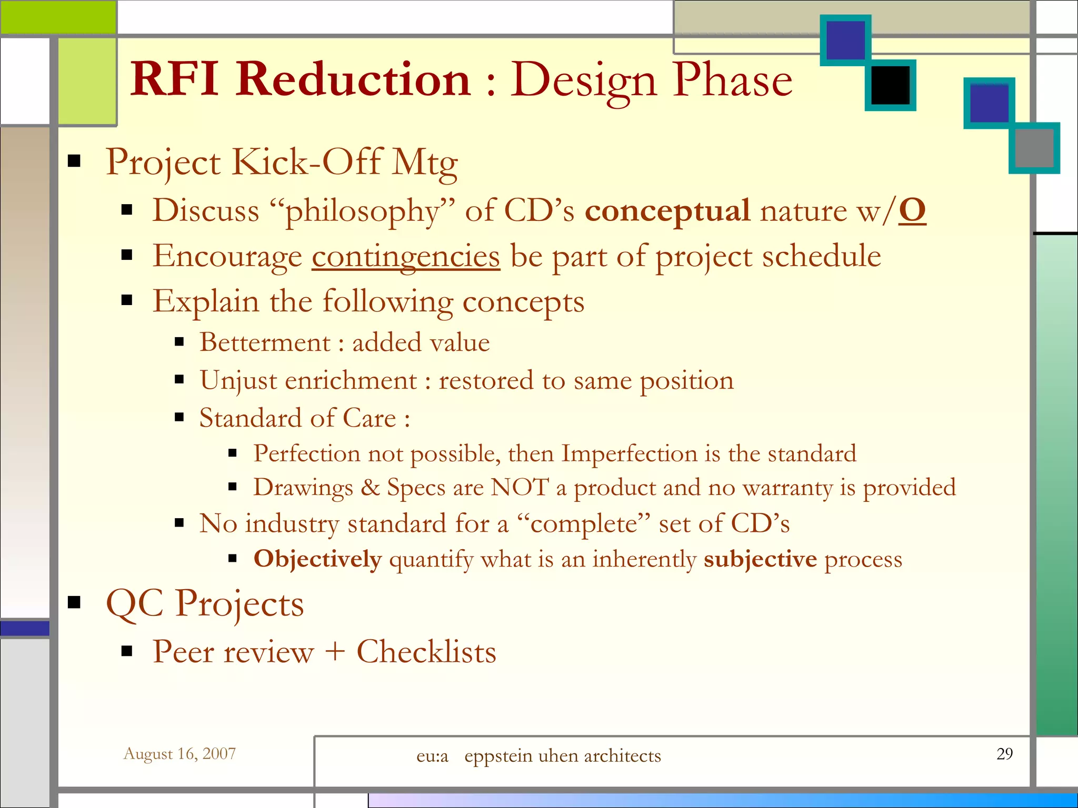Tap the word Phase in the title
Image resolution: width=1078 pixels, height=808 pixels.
[x=733, y=80]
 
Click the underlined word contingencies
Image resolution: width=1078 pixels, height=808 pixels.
[x=405, y=257]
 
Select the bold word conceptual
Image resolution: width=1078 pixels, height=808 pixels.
[x=667, y=211]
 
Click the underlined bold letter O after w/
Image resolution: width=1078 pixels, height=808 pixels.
[x=912, y=210]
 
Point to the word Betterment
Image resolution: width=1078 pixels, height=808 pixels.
[x=264, y=342]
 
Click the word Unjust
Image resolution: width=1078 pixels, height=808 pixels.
[x=238, y=381]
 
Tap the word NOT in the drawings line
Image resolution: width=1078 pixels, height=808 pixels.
[x=519, y=487]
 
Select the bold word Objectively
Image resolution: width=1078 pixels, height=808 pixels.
[x=317, y=559]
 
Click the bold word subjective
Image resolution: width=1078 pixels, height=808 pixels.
[x=760, y=559]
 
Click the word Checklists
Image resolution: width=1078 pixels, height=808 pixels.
[x=426, y=652]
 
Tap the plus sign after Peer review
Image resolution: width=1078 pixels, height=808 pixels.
[x=335, y=653]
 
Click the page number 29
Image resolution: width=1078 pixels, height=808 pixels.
[x=1004, y=754]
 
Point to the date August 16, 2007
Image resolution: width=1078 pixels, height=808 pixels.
[x=179, y=754]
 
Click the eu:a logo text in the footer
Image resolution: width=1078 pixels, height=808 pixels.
[x=432, y=756]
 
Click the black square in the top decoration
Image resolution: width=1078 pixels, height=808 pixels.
[x=890, y=85]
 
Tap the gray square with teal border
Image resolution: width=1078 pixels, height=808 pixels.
[x=1034, y=148]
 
